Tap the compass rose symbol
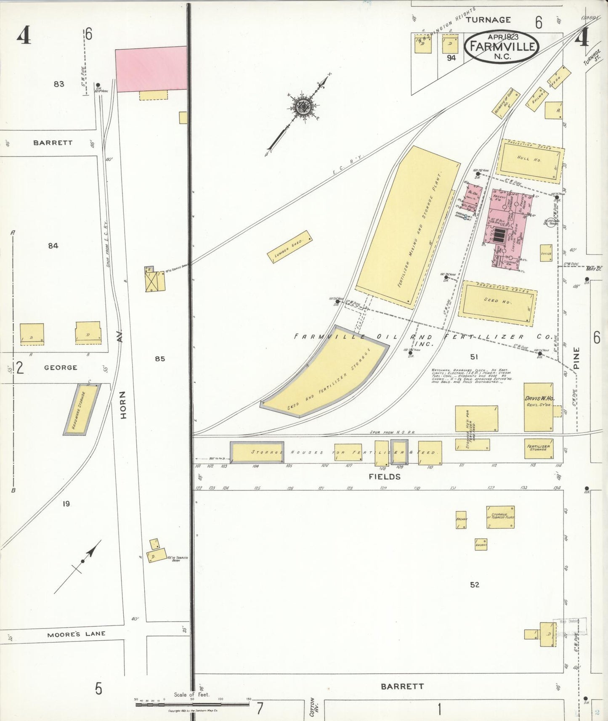pyautogui.click(x=302, y=106)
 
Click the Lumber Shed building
pyautogui.click(x=289, y=247)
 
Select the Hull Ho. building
pyautogui.click(x=530, y=161)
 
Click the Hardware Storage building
pyautogui.click(x=82, y=409)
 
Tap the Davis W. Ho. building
pyautogui.click(x=538, y=406)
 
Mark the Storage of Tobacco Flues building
pyautogui.click(x=500, y=517)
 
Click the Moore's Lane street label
pyautogui.click(x=76, y=634)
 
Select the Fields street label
pyautogui.click(x=385, y=477)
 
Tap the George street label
pyautogui.click(x=61, y=367)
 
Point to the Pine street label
pyautogui.click(x=576, y=358)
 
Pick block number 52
pyautogui.click(x=475, y=585)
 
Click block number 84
pyautogui.click(x=53, y=246)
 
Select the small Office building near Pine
pyautogui.click(x=546, y=253)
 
